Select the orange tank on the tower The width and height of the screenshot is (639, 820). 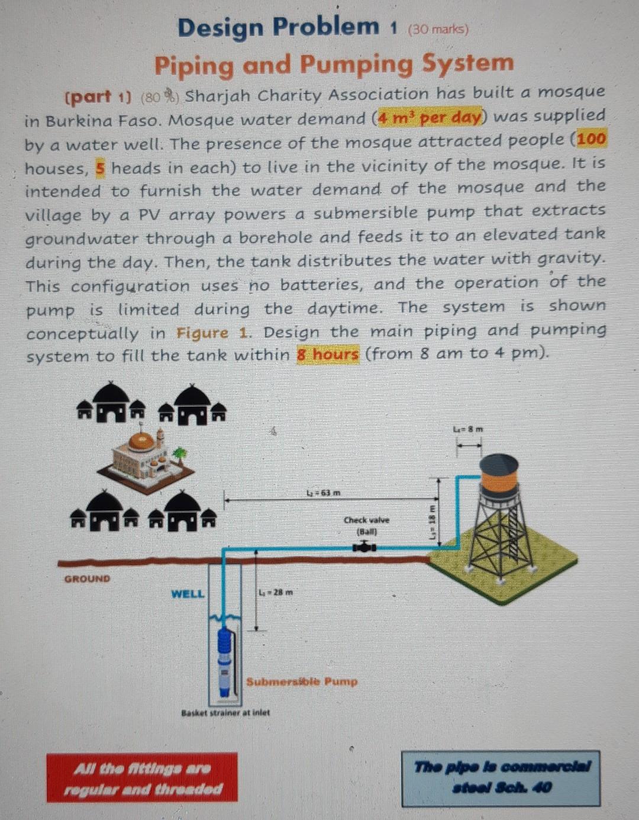500,474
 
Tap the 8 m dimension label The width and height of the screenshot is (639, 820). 468,429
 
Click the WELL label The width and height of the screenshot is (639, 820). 188,593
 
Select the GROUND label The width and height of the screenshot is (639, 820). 87,578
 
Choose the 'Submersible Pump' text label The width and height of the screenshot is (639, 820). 302,681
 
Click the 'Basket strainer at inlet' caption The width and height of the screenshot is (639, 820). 225,713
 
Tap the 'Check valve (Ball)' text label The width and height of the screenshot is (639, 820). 367,525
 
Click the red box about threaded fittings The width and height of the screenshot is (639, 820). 142,778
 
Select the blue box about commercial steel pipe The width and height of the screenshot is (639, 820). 501,777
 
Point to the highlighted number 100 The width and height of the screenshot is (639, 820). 591,140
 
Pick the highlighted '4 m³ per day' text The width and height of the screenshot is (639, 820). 430,116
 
